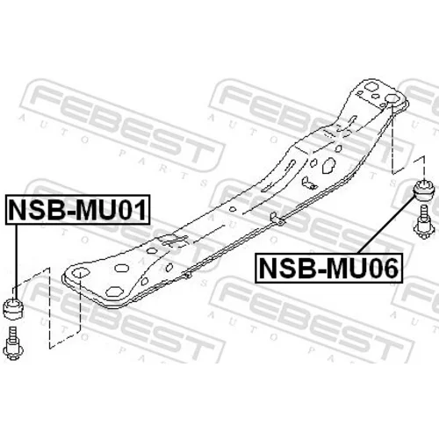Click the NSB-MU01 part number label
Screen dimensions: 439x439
coord(77,210)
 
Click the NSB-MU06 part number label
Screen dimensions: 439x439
coord(328,269)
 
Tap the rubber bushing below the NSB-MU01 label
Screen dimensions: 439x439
coord(14,308)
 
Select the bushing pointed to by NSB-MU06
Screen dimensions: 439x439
coord(423,191)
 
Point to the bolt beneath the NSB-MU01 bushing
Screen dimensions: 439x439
coord(14,343)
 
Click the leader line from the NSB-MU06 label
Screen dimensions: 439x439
coord(385,225)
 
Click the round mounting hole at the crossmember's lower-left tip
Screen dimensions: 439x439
coord(80,273)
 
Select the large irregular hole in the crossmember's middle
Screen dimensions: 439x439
coord(328,165)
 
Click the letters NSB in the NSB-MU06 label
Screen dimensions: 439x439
coord(288,269)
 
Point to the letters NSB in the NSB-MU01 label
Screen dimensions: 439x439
coord(38,210)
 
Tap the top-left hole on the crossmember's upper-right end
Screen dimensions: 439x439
coord(371,87)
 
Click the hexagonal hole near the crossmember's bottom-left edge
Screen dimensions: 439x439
coord(114,291)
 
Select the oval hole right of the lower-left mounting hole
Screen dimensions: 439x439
coord(122,268)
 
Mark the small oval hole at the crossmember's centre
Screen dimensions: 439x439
coord(233,209)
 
